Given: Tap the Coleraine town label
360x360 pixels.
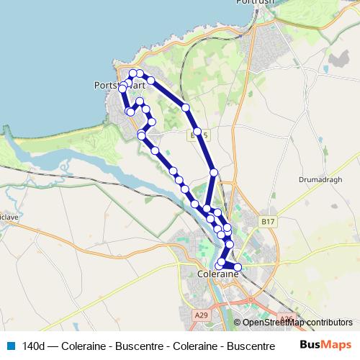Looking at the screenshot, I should click(x=217, y=274).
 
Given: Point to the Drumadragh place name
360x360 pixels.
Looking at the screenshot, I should click(x=318, y=179).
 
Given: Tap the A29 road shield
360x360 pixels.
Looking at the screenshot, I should click(x=202, y=314).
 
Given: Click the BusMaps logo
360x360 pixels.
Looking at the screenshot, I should click(x=325, y=345).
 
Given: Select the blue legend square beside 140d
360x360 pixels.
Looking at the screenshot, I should click(x=11, y=346).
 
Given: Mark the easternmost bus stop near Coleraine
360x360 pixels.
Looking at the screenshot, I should click(x=238, y=269).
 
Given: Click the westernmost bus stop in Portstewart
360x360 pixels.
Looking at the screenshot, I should click(x=122, y=87).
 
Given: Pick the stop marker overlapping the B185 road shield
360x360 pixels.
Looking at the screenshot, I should click(x=197, y=132).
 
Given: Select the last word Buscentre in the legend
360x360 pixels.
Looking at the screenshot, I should click(x=242, y=346).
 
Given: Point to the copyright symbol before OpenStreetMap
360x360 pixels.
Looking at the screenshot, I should click(x=238, y=323).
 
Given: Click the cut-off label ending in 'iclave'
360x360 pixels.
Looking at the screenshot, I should click(x=9, y=216).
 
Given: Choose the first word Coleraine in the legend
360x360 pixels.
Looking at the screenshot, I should click(x=84, y=346).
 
